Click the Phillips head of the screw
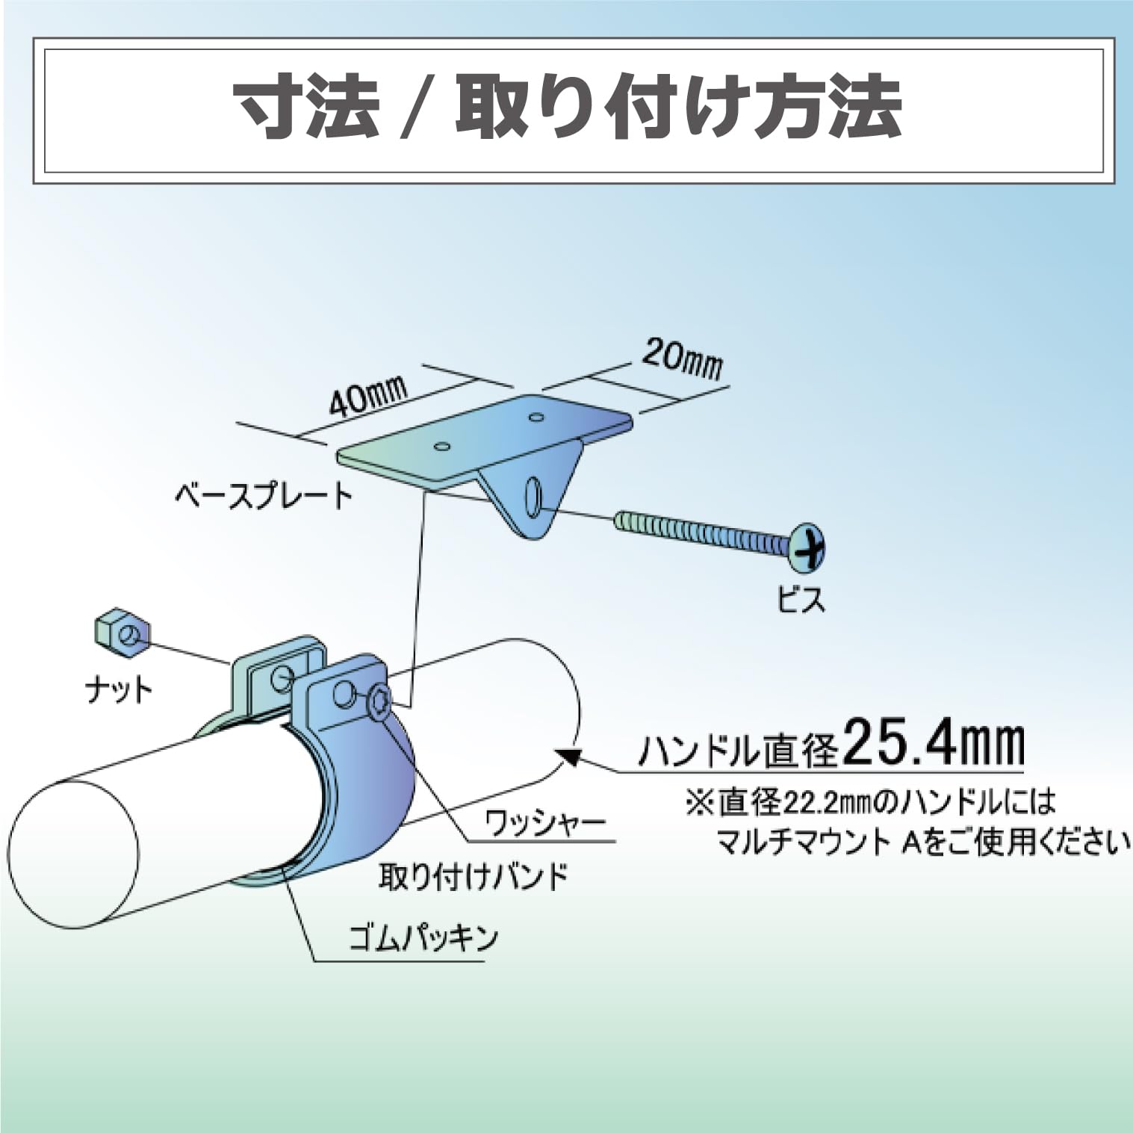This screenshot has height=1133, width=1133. coord(807,544)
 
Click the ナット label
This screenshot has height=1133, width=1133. coord(119,689)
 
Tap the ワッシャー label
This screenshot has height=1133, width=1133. coord(545,824)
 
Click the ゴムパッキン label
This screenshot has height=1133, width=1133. coord(423,937)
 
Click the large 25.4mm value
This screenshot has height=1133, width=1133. coord(933,742)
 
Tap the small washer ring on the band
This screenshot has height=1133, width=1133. coord(379,701)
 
